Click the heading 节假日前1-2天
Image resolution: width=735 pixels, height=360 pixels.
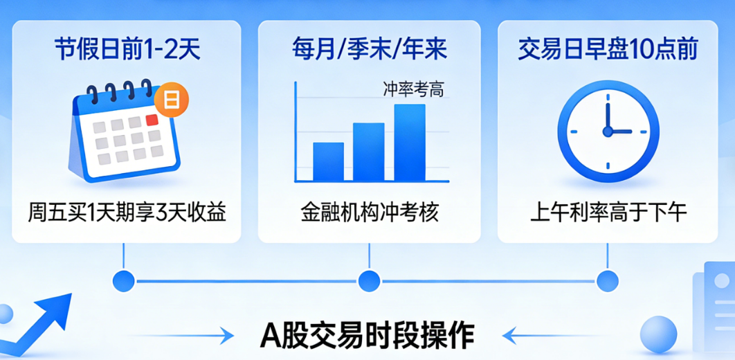(x=127, y=50)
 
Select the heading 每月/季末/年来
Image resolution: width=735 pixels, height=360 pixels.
(x=369, y=50)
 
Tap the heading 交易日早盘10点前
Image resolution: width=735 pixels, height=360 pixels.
(x=608, y=50)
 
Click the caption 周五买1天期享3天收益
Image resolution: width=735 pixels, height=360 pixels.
(x=127, y=211)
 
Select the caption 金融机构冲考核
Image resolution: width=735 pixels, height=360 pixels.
(x=369, y=211)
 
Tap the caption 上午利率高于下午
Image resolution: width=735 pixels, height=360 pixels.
(x=608, y=211)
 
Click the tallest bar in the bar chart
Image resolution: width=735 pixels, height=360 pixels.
(x=410, y=143)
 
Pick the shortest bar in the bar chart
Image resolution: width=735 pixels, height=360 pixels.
(x=328, y=161)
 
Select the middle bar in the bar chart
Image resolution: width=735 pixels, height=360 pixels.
(x=369, y=152)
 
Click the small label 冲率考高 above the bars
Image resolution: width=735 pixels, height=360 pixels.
(x=413, y=89)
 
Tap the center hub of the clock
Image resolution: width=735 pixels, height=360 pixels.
(x=608, y=131)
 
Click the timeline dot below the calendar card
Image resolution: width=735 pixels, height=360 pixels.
(x=123, y=281)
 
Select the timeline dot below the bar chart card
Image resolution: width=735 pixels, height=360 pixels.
(x=369, y=281)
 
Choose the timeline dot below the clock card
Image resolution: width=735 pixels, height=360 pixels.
(x=608, y=281)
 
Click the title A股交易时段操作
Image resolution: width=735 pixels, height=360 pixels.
(x=367, y=336)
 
